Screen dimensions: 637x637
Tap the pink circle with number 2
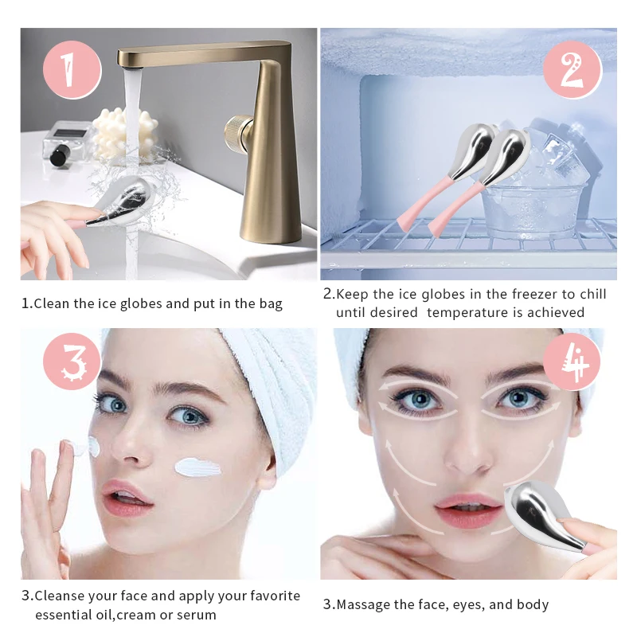click(572, 69)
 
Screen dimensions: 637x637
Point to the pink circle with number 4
click(572, 365)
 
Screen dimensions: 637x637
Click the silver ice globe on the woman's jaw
click(541, 514)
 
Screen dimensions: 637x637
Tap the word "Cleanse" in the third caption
click(61, 596)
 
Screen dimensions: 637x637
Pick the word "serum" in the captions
click(197, 615)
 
